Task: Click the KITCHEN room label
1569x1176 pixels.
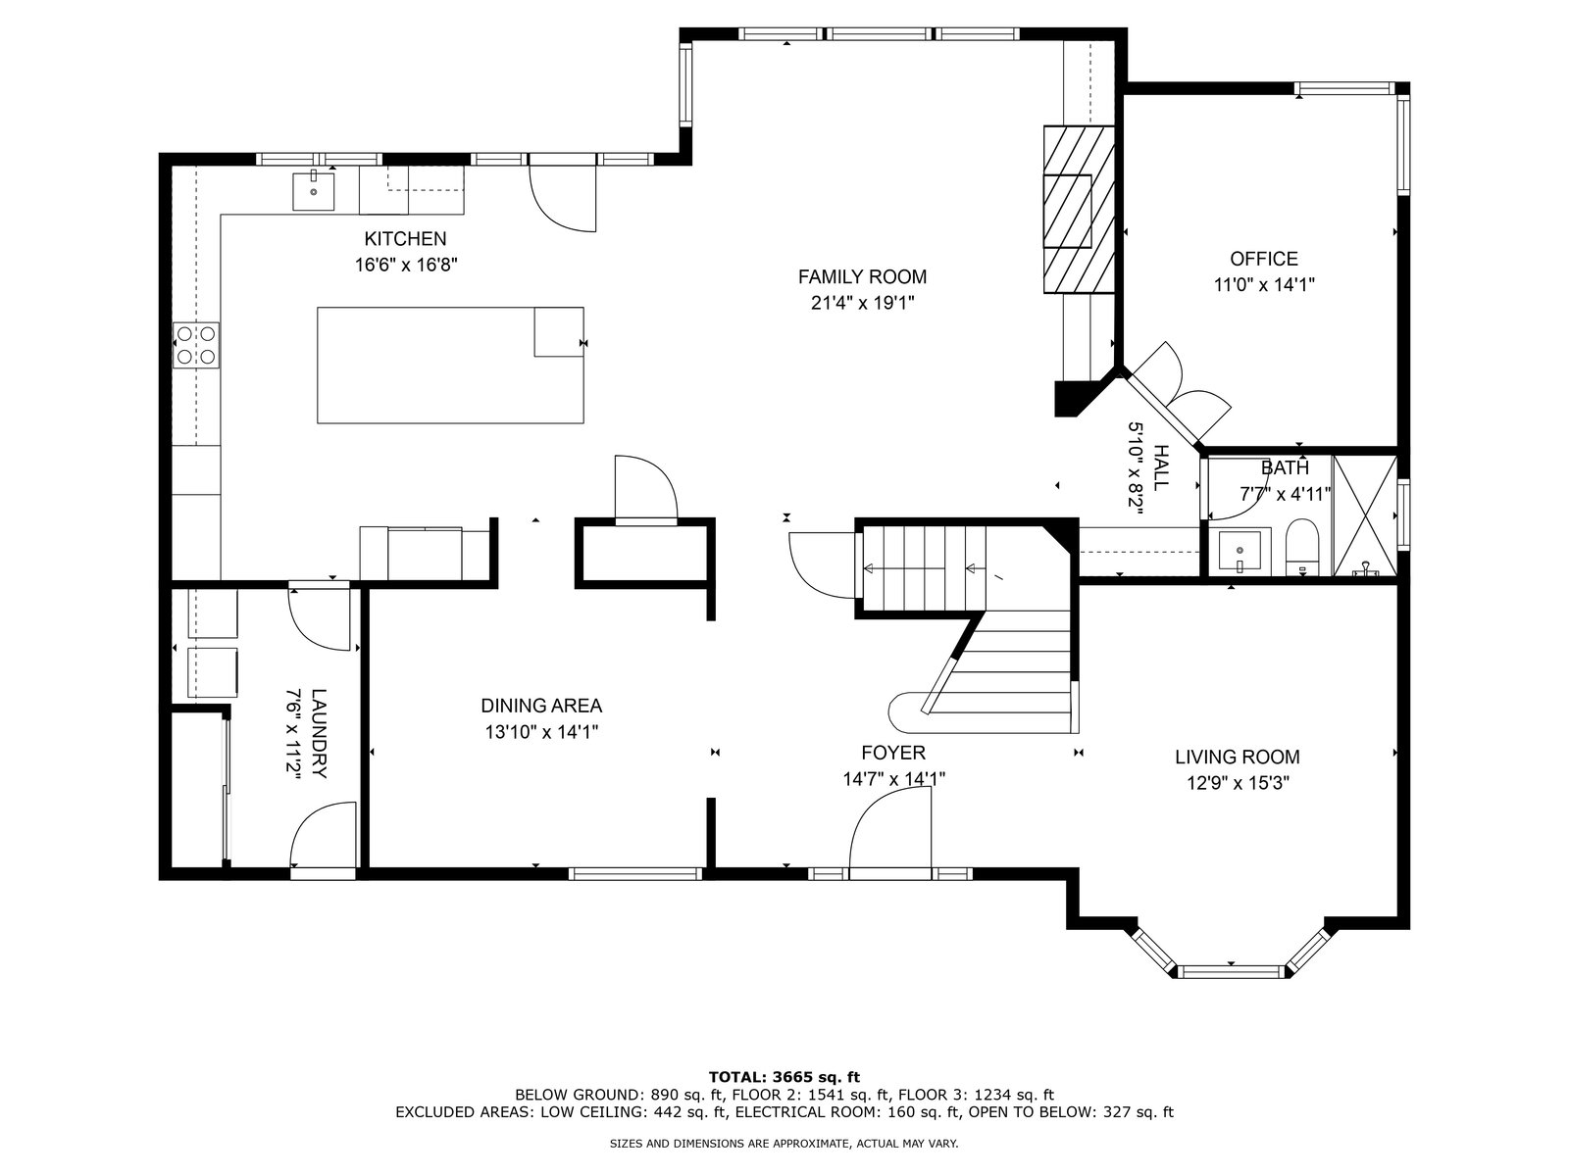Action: coord(405,238)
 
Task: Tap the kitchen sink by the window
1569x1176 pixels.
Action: coord(313,191)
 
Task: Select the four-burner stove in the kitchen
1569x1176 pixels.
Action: coord(196,345)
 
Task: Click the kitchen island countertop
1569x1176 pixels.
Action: coord(450,365)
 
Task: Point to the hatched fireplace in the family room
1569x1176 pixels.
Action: coord(1079,209)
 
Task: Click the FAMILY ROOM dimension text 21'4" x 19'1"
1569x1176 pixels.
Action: coord(863,304)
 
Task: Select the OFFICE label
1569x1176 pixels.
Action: coord(1264,259)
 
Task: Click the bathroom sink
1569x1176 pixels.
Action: coord(1240,550)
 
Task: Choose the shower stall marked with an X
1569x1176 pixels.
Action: coord(1365,515)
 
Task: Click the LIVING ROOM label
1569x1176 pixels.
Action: coord(1238,757)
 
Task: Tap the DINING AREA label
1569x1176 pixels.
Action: coord(541,706)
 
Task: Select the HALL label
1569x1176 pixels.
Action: coord(1162,467)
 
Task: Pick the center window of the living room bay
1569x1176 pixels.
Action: coord(1231,971)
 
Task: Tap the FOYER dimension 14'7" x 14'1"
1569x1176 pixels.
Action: coord(893,779)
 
